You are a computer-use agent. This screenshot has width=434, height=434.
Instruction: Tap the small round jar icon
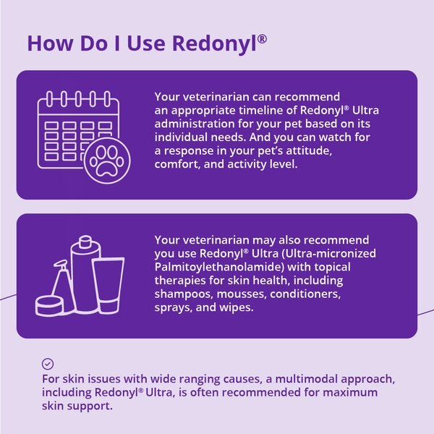(46, 305)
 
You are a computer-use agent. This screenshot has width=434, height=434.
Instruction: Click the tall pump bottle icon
(85, 275)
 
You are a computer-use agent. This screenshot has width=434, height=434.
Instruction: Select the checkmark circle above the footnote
(48, 365)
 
